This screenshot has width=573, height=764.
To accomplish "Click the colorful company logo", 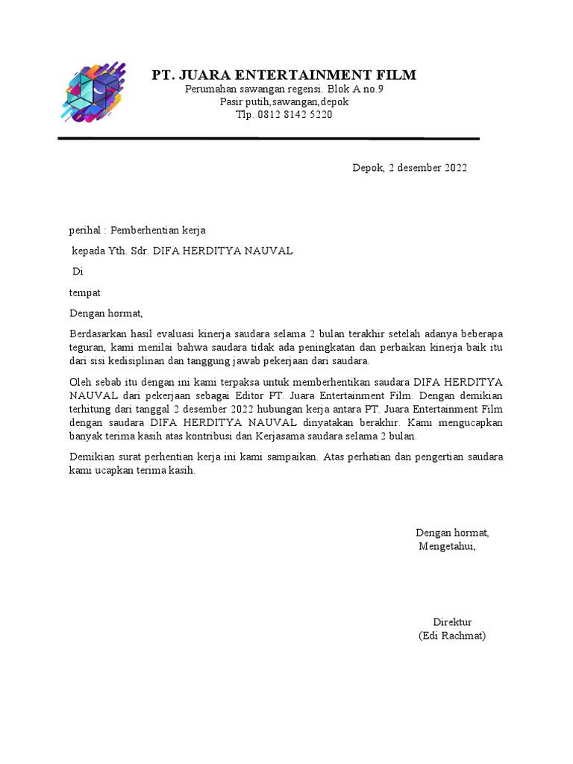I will click(x=94, y=92).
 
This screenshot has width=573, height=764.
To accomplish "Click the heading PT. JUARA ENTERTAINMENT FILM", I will click(x=284, y=75).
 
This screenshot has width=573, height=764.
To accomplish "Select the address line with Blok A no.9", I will click(x=284, y=89).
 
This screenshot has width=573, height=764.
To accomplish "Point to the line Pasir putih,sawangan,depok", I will click(x=284, y=102).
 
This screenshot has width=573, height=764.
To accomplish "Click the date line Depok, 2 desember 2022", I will click(x=410, y=168).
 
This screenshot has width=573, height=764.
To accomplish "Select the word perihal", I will click(x=83, y=231).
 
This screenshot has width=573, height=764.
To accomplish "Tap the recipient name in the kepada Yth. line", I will click(x=222, y=251).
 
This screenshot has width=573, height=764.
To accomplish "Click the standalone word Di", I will click(x=77, y=272).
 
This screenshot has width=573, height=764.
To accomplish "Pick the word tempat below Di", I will click(x=85, y=292).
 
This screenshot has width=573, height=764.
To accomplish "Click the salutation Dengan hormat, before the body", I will click(x=105, y=313).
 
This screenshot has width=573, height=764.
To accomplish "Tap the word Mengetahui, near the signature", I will click(x=447, y=546).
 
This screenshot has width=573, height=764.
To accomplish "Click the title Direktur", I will click(x=452, y=622).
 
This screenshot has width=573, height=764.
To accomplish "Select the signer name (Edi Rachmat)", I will click(x=452, y=636).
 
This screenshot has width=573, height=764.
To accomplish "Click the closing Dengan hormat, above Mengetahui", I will click(x=452, y=533).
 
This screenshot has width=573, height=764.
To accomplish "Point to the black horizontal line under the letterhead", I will click(x=269, y=139).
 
